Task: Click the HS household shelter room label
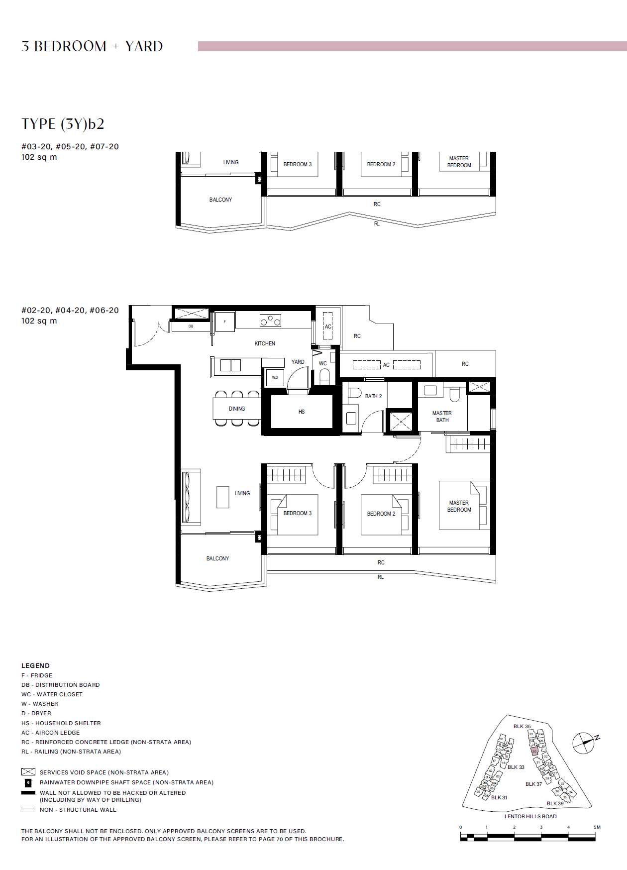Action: (x=302, y=412)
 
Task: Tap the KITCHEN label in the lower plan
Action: (x=265, y=343)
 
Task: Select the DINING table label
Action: (x=237, y=409)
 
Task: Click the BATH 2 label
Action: (x=373, y=396)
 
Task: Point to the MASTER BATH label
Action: (x=442, y=417)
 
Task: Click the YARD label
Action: (x=298, y=362)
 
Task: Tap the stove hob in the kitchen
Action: (x=270, y=321)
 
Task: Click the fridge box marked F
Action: (x=224, y=322)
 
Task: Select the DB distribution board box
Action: (x=191, y=326)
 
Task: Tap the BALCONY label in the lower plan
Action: (x=218, y=558)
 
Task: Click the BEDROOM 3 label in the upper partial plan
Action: (x=298, y=164)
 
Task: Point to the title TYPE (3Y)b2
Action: (x=63, y=124)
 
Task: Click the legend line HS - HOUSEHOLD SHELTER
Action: (x=61, y=723)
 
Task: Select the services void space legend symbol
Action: (x=28, y=772)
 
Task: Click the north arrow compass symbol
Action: (x=584, y=743)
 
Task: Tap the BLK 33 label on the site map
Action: (x=516, y=767)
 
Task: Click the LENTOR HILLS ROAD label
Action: (x=530, y=816)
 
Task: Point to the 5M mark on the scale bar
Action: (x=597, y=827)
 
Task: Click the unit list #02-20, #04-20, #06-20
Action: (x=70, y=311)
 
